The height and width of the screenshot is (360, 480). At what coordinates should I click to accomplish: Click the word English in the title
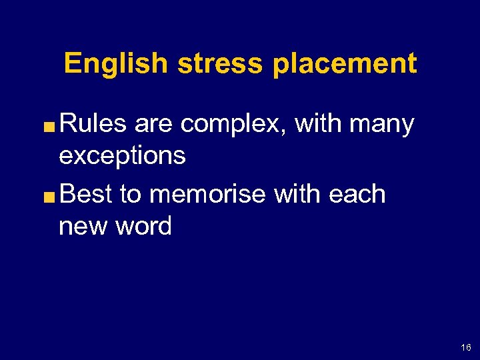(x=115, y=64)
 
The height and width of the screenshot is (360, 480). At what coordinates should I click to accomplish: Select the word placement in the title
(x=345, y=64)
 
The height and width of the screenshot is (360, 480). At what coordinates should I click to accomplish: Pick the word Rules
(x=93, y=124)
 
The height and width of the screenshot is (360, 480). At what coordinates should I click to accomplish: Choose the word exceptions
(x=122, y=157)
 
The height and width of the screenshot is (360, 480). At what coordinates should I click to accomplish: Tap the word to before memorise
(x=131, y=195)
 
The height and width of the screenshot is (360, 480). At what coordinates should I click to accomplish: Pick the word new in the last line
(x=81, y=227)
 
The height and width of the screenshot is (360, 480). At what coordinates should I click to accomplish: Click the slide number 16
(x=465, y=347)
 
